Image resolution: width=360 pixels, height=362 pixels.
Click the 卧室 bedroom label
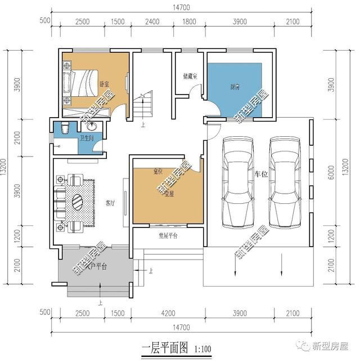tap(104, 84)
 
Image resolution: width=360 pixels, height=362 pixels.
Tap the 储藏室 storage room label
tap(190, 75)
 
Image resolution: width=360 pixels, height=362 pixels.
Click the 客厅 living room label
tap(110, 203)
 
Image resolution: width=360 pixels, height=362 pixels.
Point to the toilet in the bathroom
tap(64, 128)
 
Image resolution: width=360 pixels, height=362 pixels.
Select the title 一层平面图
tap(164, 348)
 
